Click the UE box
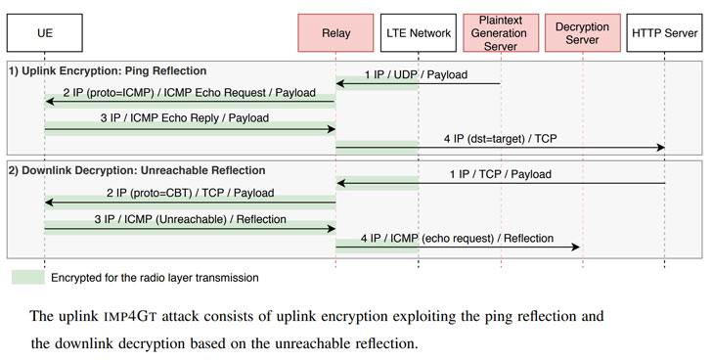pyautogui.click(x=44, y=32)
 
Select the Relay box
pyautogui.click(x=335, y=32)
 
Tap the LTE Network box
pyautogui.click(x=419, y=32)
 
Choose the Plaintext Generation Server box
pyautogui.click(x=500, y=32)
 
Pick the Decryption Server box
pyautogui.click(x=583, y=32)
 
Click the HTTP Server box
pyautogui.click(x=665, y=32)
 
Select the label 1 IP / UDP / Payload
pyautogui.click(x=416, y=74)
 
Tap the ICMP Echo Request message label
pyautogui.click(x=190, y=93)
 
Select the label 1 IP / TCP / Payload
pyautogui.click(x=500, y=174)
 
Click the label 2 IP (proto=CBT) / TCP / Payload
pyautogui.click(x=190, y=193)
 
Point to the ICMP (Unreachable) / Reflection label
pyautogui.click(x=190, y=219)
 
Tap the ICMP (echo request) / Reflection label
pyautogui.click(x=459, y=238)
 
